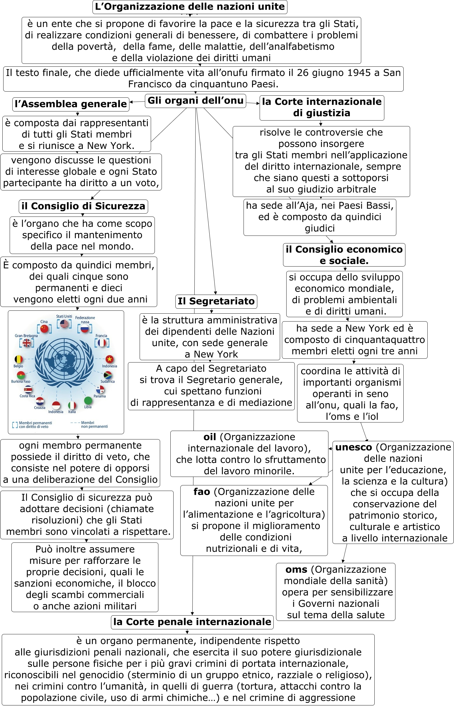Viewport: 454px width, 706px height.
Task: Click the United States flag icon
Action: click(x=64, y=324)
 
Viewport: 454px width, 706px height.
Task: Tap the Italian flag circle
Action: click(x=72, y=406)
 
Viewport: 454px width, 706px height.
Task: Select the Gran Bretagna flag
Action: click(x=27, y=343)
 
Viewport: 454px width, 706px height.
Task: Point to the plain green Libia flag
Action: click(x=88, y=401)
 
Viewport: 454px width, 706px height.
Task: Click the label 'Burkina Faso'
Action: click(x=20, y=381)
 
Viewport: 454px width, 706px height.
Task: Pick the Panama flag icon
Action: click(x=100, y=389)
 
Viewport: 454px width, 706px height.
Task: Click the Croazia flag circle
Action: click(x=40, y=401)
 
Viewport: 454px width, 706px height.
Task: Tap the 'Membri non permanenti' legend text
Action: click(x=94, y=424)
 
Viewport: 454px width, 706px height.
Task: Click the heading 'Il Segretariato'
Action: click(x=216, y=301)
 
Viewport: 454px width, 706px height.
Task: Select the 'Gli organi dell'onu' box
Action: click(x=196, y=101)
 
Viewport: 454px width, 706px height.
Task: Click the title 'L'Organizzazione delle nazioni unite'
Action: click(x=190, y=7)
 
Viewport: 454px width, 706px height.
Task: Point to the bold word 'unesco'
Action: click(x=354, y=447)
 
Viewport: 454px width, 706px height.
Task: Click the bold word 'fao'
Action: click(x=202, y=492)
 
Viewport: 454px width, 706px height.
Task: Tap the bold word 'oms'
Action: click(x=296, y=569)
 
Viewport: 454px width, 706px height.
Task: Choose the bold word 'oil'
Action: click(x=210, y=437)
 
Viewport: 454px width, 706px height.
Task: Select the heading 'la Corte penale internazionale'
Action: click(x=192, y=621)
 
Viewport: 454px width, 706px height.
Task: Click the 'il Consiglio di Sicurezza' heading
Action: click(x=83, y=206)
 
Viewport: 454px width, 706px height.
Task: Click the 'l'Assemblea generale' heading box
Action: click(x=71, y=104)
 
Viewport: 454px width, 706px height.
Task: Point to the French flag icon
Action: click(x=102, y=343)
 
